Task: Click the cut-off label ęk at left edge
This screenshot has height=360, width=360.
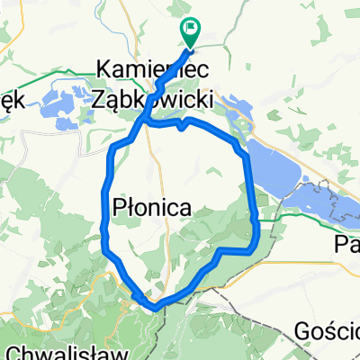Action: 11,100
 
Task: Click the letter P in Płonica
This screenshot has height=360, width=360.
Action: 121,207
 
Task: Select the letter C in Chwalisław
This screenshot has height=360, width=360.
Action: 12,350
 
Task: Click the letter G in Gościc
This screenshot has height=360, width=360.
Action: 303,331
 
